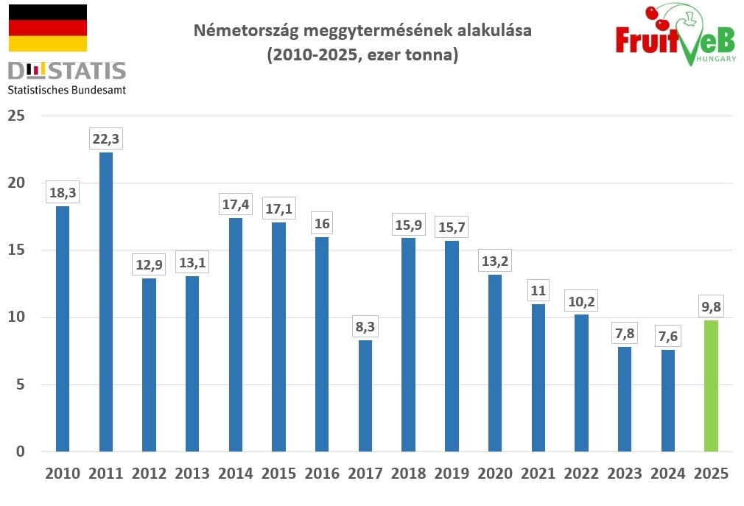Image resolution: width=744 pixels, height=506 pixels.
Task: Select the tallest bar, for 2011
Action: tap(105, 302)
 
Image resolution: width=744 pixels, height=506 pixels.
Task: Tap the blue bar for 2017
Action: tap(365, 396)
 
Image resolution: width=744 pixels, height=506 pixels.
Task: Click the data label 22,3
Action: tap(105, 138)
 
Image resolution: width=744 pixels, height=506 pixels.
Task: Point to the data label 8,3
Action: tap(365, 326)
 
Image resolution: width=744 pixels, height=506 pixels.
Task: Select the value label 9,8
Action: tap(711, 306)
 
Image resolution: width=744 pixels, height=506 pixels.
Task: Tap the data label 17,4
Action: tap(236, 203)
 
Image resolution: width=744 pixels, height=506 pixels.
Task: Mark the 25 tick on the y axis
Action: tap(17, 116)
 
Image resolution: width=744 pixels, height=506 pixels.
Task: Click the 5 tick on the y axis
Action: tap(21, 384)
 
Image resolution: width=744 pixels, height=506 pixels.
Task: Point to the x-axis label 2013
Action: tap(192, 474)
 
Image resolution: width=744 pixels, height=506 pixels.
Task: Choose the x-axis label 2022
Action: tap(582, 474)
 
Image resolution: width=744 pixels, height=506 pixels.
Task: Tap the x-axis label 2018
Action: tap(409, 474)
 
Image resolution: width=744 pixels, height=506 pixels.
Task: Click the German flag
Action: tap(47, 28)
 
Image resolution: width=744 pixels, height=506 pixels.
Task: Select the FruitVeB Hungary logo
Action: tap(675, 35)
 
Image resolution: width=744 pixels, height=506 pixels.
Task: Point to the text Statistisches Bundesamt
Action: tap(66, 90)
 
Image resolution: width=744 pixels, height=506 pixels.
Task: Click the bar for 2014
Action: tap(236, 334)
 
